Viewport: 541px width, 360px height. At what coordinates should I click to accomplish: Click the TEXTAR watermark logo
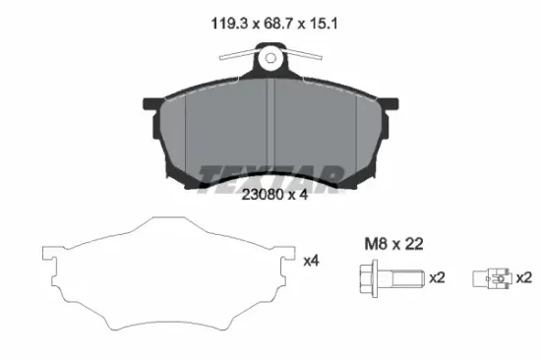click(x=270, y=175)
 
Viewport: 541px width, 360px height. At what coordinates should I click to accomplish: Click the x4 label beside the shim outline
click(x=311, y=261)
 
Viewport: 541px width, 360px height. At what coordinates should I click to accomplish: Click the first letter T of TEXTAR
click(x=211, y=175)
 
